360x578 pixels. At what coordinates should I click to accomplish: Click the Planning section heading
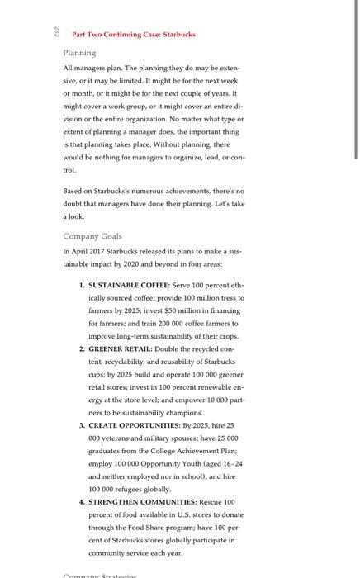click(81, 52)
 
